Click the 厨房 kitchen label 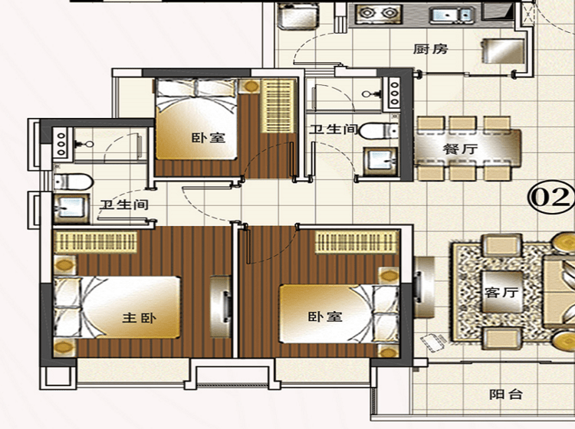click(x=431, y=49)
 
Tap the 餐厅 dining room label click(x=460, y=149)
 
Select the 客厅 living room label click(x=501, y=292)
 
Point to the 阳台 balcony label click(x=506, y=395)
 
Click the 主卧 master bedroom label click(x=139, y=317)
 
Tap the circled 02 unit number click(x=550, y=198)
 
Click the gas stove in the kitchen click(x=376, y=14)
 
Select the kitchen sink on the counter click(x=452, y=15)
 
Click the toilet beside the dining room click(x=379, y=131)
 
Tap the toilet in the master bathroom click(x=73, y=182)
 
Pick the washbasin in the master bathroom click(x=71, y=208)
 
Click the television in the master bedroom click(x=221, y=306)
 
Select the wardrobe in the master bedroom click(x=96, y=241)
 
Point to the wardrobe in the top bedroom click(x=278, y=106)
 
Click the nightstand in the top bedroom click(x=250, y=87)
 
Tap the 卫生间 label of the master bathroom click(x=124, y=205)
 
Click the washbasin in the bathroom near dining click(x=380, y=161)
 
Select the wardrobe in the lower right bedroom click(x=356, y=241)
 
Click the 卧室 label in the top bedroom click(x=209, y=138)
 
